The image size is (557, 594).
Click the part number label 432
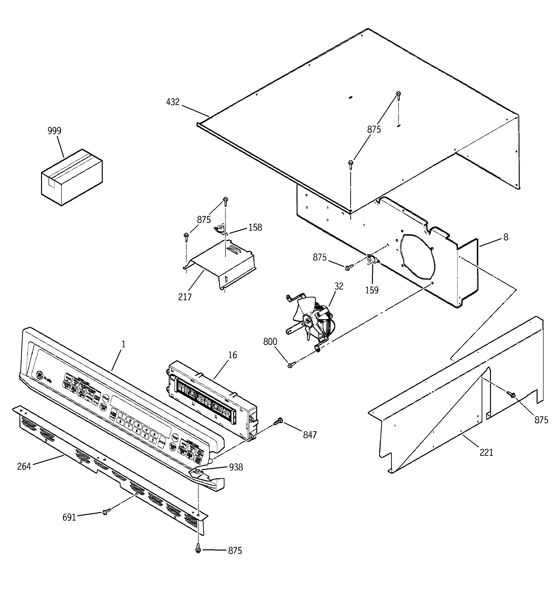tap(173, 102)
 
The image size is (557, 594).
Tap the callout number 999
tap(54, 131)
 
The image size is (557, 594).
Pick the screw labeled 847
tap(278, 421)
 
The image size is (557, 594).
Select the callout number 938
tap(236, 467)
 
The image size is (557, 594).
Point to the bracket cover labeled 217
tap(221, 263)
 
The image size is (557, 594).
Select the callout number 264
tap(24, 466)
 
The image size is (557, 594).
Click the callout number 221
tap(486, 453)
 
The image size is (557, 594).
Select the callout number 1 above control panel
tap(123, 344)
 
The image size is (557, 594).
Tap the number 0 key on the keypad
tap(153, 440)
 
